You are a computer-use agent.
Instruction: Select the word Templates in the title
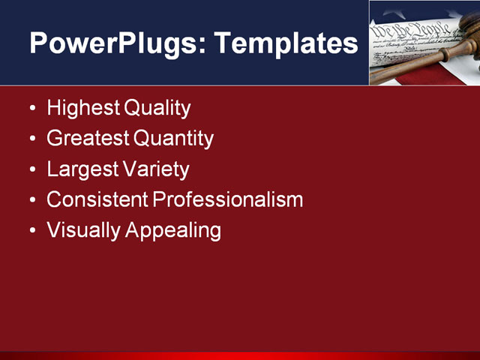(286, 43)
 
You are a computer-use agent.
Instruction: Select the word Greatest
(87, 139)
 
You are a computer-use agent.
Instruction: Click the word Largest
(80, 169)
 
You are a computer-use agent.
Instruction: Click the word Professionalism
(227, 199)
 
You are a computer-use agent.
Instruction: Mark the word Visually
(83, 230)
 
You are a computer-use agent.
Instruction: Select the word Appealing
(173, 231)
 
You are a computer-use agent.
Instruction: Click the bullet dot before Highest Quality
(31, 109)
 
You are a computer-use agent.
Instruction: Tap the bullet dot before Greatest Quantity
(31, 140)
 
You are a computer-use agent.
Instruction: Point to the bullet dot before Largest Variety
(31, 170)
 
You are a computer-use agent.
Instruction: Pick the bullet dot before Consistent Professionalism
(31, 201)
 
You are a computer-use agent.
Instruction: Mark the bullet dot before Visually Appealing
(31, 232)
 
